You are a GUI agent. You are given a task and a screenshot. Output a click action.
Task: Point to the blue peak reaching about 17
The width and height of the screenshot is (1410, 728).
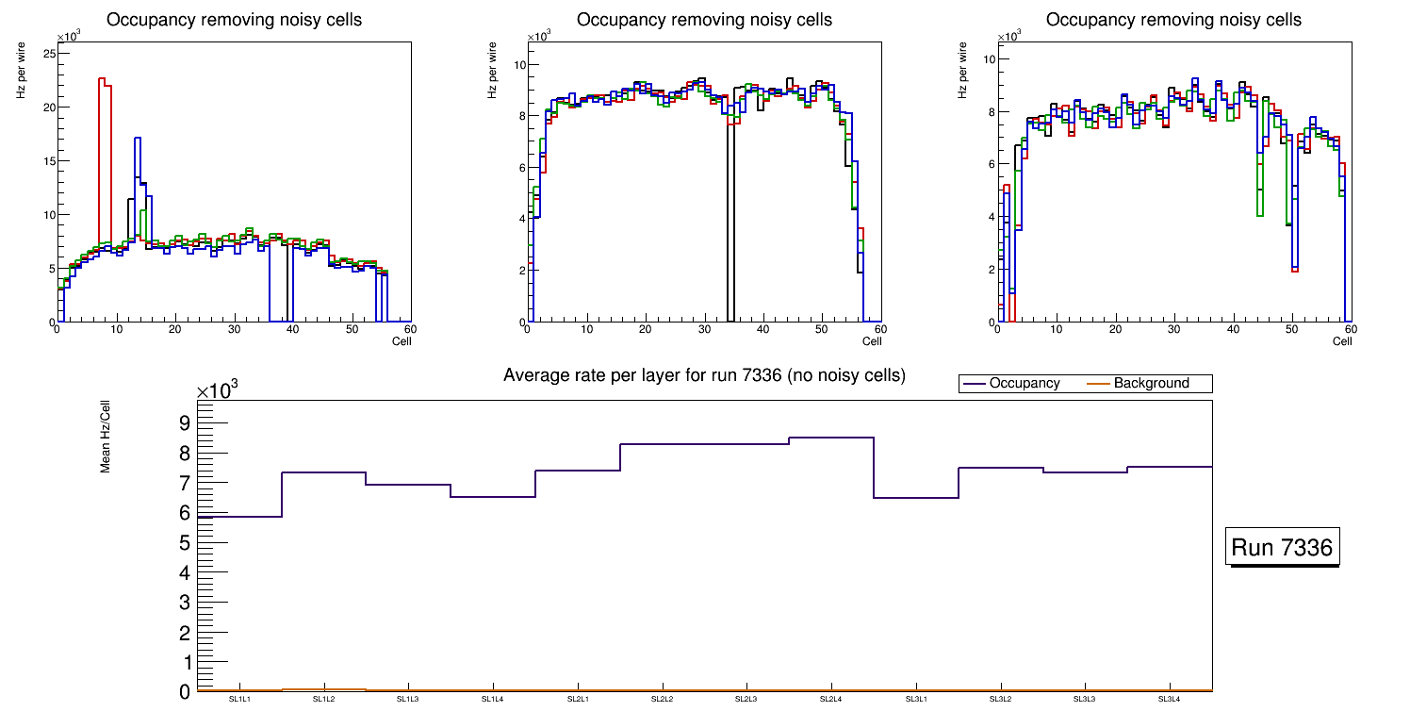coord(138,140)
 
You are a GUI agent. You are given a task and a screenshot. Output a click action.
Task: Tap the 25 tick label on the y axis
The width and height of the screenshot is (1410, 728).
coord(48,54)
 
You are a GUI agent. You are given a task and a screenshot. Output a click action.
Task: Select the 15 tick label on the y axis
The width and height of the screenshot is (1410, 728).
coord(48,161)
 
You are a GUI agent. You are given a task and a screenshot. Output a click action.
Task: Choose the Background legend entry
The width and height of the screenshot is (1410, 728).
coord(1151,384)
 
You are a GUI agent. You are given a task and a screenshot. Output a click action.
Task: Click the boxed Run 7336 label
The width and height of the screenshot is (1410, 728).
coord(1282,548)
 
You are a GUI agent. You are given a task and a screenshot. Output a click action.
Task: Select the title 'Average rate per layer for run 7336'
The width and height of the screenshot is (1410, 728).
coord(704,375)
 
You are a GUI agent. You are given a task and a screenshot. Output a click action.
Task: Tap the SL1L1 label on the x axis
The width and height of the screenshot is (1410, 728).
coord(239,699)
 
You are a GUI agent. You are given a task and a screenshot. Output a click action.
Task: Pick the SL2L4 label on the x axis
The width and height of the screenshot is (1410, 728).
coord(830,699)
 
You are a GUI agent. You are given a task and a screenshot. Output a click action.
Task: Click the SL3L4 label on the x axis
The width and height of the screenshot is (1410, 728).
coord(1169,699)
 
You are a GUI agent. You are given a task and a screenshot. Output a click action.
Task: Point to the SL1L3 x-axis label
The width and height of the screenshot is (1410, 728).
coord(408,699)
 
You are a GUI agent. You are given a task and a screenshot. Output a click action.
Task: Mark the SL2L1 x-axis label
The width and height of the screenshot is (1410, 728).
coord(577,699)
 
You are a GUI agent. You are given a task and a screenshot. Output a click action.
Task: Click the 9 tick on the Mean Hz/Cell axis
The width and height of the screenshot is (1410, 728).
coord(185,423)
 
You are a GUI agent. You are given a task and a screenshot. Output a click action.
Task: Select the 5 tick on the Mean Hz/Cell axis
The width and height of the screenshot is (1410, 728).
coord(185,543)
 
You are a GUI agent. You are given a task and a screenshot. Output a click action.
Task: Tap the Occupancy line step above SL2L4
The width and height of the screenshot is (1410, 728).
coord(830,438)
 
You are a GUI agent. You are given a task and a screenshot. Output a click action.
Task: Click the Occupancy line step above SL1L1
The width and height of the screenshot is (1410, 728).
coord(239,517)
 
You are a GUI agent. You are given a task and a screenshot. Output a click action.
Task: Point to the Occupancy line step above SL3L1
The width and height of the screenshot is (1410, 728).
coord(915,498)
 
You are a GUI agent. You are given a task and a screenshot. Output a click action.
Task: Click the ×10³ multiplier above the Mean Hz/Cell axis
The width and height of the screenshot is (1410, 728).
coord(218,389)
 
